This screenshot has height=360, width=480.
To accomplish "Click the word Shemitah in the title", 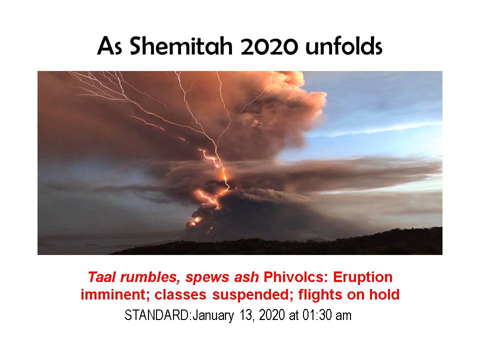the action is [x=181, y=46].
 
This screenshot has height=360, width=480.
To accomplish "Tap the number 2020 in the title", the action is [x=269, y=46].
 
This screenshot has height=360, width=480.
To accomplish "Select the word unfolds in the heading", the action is [x=344, y=46].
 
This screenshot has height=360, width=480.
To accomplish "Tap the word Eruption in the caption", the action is [x=363, y=277].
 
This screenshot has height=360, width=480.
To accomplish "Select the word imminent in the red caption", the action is [x=115, y=295].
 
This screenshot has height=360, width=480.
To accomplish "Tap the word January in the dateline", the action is [x=213, y=315].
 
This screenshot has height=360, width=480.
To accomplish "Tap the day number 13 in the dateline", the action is [x=246, y=315].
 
